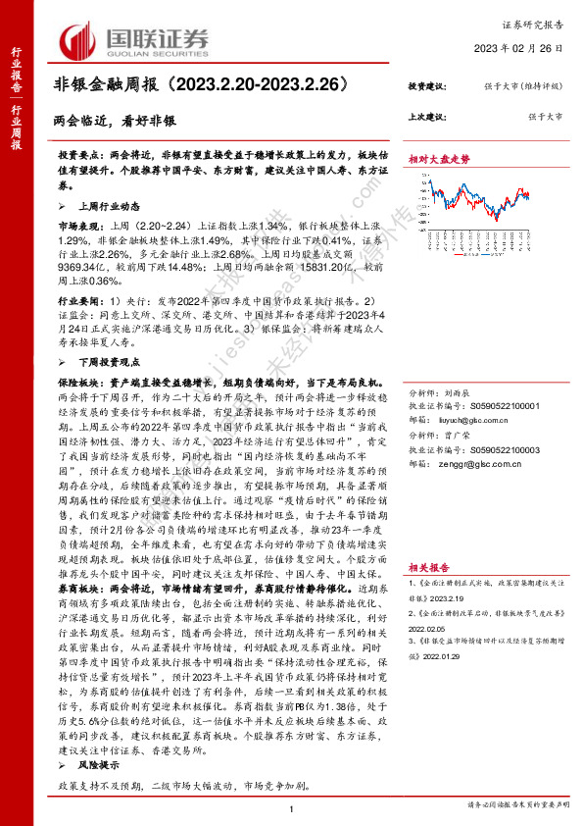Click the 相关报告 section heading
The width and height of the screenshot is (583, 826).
pyautogui.click(x=430, y=567)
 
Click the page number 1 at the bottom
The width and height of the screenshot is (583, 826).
pyautogui.click(x=292, y=808)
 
